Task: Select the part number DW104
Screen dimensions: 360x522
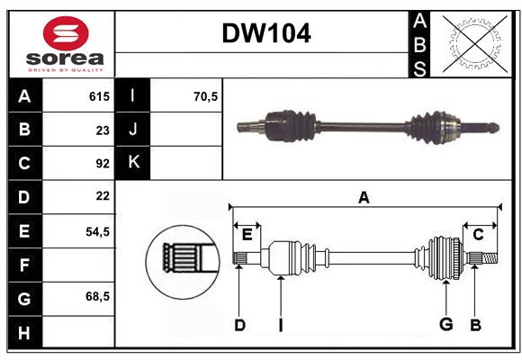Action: coord(266,34)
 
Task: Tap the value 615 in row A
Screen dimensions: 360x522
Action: coord(98,96)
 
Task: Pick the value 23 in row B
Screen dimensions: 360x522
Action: coord(102,130)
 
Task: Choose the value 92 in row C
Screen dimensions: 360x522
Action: coord(102,163)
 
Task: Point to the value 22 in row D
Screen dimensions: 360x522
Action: coord(102,195)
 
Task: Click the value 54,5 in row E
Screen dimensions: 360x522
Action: coord(96,230)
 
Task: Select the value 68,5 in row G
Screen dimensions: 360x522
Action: coord(96,296)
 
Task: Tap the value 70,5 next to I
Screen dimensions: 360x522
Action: coord(206,96)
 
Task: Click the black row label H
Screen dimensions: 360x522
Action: coord(24,332)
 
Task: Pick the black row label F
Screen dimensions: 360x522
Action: coord(24,265)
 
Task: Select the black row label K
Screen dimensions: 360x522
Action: coord(133,163)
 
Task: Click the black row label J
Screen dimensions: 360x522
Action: coord(133,130)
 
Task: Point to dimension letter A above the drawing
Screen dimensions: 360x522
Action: coord(364,197)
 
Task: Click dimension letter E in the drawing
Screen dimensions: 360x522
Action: coord(247,235)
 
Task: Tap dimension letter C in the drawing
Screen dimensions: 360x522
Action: coord(478,235)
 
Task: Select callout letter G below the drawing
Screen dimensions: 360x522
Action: coord(445,324)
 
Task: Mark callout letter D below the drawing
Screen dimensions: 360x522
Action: coord(239,324)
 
